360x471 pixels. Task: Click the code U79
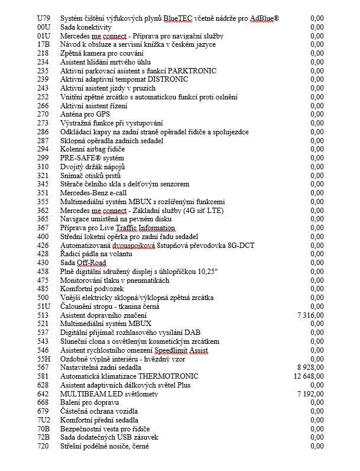[x=43, y=19]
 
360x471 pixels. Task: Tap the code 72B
[x=43, y=437]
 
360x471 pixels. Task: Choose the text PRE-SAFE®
[x=81, y=159]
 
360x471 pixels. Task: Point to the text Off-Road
[x=90, y=263]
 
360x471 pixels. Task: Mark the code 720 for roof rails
[x=43, y=446]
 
